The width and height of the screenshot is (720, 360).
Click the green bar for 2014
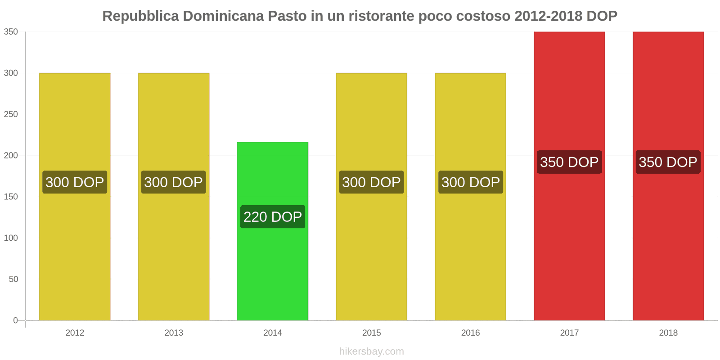point(273,270)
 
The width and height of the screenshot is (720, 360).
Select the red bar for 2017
point(569,247)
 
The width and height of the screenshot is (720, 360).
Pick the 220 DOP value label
point(273,217)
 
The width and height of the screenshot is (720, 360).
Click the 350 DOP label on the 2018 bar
point(668,162)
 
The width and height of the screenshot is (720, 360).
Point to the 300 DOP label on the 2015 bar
point(371,182)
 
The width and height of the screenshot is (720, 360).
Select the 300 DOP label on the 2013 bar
point(174,182)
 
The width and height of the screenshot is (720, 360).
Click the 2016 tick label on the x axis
point(470,333)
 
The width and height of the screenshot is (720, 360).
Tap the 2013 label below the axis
point(174,333)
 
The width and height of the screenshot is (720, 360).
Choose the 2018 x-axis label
point(668,333)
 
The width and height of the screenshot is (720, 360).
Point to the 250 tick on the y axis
point(11,114)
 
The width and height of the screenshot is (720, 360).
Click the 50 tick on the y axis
point(13,279)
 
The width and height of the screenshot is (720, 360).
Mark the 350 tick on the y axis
point(11,32)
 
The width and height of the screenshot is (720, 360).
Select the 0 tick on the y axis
point(15,320)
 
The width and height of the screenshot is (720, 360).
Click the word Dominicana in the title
point(223,16)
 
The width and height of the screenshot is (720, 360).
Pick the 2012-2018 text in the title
point(548,16)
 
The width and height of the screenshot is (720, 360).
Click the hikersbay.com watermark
point(372,351)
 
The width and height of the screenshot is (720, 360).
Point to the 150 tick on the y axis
point(11,197)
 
